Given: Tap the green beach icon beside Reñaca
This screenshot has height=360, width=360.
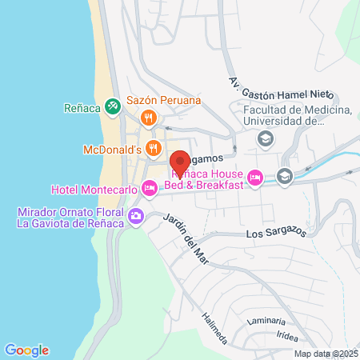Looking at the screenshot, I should click(x=114, y=105).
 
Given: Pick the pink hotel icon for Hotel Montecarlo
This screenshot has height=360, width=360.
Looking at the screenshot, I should click(x=149, y=189).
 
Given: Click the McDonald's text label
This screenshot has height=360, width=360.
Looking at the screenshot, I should click(x=112, y=150).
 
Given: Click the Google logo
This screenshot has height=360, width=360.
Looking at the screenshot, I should click(x=26, y=350).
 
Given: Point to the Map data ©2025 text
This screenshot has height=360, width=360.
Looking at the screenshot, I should click(x=325, y=354).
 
